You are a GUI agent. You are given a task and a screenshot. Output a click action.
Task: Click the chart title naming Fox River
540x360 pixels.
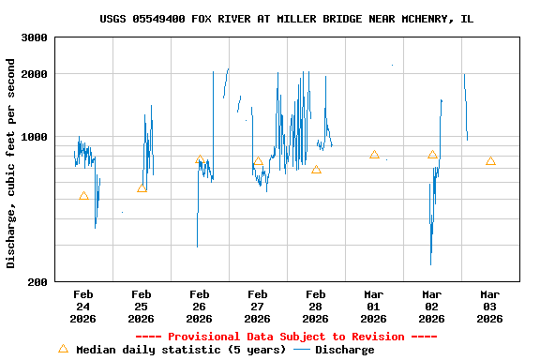[286, 19]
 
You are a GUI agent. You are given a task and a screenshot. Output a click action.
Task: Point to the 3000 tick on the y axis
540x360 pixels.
[35, 37]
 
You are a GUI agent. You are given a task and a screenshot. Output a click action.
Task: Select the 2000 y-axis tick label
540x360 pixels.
[35, 74]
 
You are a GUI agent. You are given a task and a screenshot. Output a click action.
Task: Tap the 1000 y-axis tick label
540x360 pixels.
[35, 137]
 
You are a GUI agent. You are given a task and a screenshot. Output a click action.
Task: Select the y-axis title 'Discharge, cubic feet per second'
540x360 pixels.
[11, 163]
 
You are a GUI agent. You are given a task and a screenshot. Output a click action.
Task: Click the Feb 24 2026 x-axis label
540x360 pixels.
[82, 307]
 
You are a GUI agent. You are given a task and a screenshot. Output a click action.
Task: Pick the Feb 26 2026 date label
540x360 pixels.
[199, 307]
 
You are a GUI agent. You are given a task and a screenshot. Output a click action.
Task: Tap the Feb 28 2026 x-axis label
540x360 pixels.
[315, 307]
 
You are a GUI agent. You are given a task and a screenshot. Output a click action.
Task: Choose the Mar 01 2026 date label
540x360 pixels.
[373, 307]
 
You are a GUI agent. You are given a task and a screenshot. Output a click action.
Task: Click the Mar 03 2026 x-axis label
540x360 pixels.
[489, 307]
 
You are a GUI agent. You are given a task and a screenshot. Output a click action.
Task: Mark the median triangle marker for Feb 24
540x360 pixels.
[83, 196]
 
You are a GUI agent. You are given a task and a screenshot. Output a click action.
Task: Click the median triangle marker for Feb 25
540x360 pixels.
[142, 188]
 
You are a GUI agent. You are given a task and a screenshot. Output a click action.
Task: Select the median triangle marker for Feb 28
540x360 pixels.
[316, 170]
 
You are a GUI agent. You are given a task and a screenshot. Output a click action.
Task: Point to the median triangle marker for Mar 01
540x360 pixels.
[374, 155]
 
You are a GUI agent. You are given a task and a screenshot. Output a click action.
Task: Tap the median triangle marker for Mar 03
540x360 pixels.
[490, 161]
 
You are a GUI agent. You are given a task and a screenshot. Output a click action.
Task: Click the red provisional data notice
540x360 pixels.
[286, 337]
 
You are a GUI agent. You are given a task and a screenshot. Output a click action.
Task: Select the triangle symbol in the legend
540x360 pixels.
[63, 349]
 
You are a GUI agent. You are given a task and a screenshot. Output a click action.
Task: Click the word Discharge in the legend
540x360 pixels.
[344, 350]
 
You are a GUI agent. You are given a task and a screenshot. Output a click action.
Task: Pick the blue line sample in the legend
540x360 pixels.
[302, 350]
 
